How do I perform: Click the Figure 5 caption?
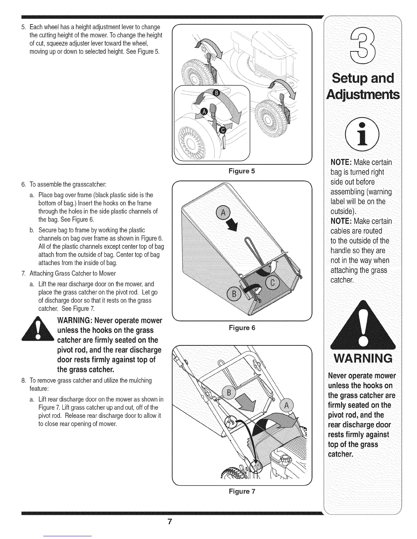tap(242, 171)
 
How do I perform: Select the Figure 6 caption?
tap(242, 328)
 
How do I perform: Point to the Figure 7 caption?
tap(242, 491)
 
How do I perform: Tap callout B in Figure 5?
tap(217, 93)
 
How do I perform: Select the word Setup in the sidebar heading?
tap(347, 78)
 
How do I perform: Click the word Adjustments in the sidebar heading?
tap(362, 94)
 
